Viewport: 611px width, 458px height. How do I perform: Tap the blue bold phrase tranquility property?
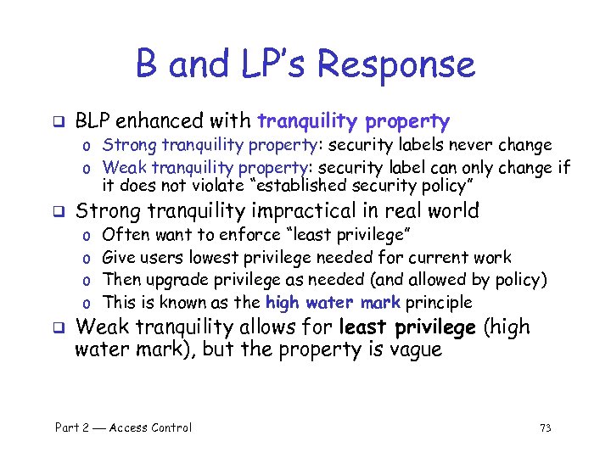353,121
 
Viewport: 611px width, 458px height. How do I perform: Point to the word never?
485,146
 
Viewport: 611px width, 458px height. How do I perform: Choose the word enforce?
250,235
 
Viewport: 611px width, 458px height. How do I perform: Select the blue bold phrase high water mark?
333,303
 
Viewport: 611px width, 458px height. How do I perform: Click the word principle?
438,303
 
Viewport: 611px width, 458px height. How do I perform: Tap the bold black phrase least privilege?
408,327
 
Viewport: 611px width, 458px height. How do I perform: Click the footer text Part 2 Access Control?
123,427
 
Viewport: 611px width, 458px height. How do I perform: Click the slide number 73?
545,427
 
